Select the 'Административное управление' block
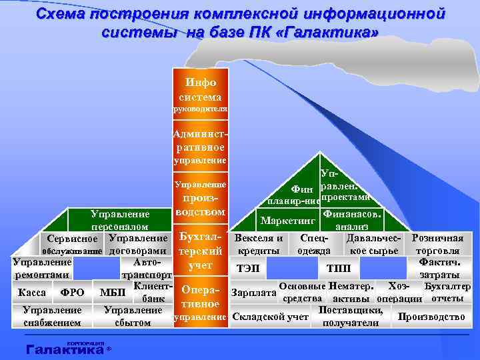[x=200, y=147]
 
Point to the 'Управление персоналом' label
[x=120, y=221]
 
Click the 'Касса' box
[x=32, y=292]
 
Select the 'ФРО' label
[x=72, y=292]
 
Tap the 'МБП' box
[x=112, y=292]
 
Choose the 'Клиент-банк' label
[x=154, y=292]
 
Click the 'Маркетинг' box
[x=288, y=220]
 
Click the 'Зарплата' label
[x=253, y=292]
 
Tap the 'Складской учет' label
[x=269, y=317]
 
